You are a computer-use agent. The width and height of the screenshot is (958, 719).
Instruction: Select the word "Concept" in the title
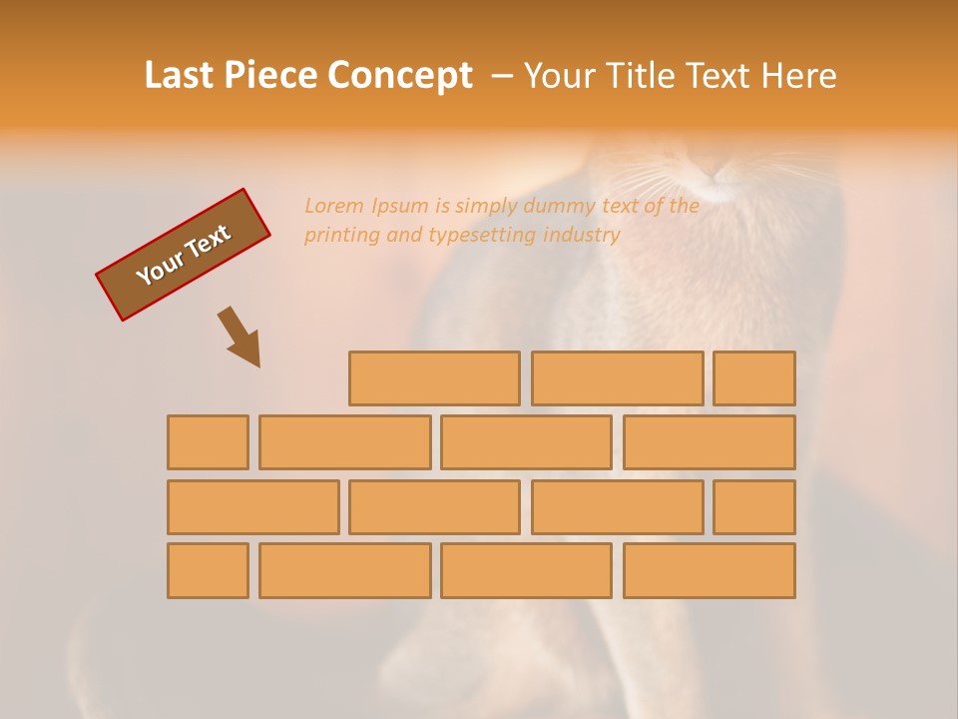point(400,76)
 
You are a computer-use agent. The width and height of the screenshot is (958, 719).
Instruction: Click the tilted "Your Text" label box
point(183,255)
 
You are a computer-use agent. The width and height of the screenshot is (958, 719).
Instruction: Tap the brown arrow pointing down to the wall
point(239,337)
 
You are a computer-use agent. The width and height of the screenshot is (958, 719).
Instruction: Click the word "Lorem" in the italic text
point(335,207)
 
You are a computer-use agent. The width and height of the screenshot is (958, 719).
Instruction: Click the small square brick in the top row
point(754,378)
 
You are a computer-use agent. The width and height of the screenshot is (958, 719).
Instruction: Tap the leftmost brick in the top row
point(434,378)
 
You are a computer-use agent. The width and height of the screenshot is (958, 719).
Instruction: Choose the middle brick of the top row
point(617,378)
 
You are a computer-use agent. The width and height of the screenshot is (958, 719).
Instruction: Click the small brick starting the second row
point(208,442)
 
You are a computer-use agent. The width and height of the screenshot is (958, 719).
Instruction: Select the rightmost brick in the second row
point(709,442)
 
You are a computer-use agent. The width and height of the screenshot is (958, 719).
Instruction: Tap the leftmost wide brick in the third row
point(252,507)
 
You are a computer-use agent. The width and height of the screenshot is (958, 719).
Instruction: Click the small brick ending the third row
point(754,507)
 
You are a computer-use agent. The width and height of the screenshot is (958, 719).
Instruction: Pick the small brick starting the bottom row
point(208,571)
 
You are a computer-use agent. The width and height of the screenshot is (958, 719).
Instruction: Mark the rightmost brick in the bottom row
point(709,571)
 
